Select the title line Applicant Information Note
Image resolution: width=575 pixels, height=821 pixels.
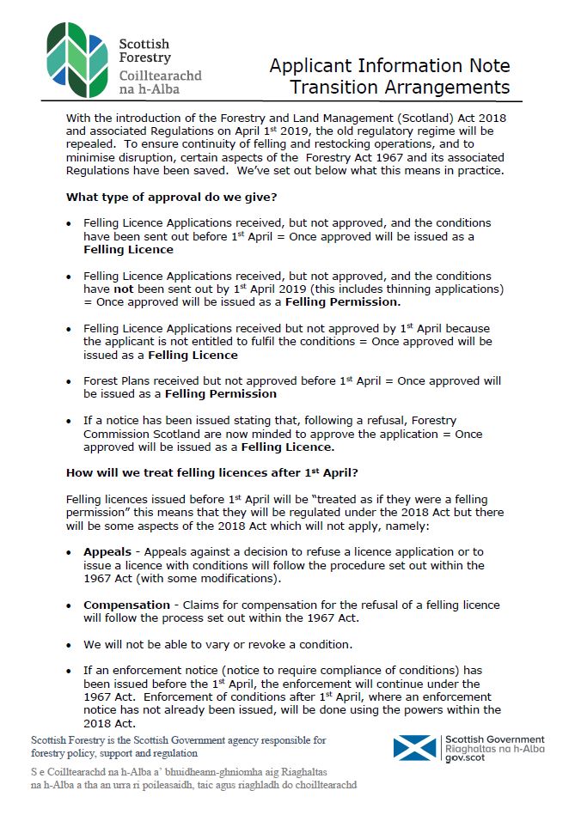(x=389, y=66)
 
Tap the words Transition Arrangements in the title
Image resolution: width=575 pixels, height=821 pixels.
(x=400, y=88)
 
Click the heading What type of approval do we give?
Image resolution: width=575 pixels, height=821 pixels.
(x=172, y=198)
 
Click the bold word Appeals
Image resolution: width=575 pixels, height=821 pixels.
(x=107, y=551)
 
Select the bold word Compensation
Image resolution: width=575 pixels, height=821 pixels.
(x=126, y=605)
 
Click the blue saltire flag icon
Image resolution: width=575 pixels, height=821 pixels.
(x=414, y=747)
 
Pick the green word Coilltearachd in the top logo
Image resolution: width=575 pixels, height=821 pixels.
(x=161, y=75)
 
